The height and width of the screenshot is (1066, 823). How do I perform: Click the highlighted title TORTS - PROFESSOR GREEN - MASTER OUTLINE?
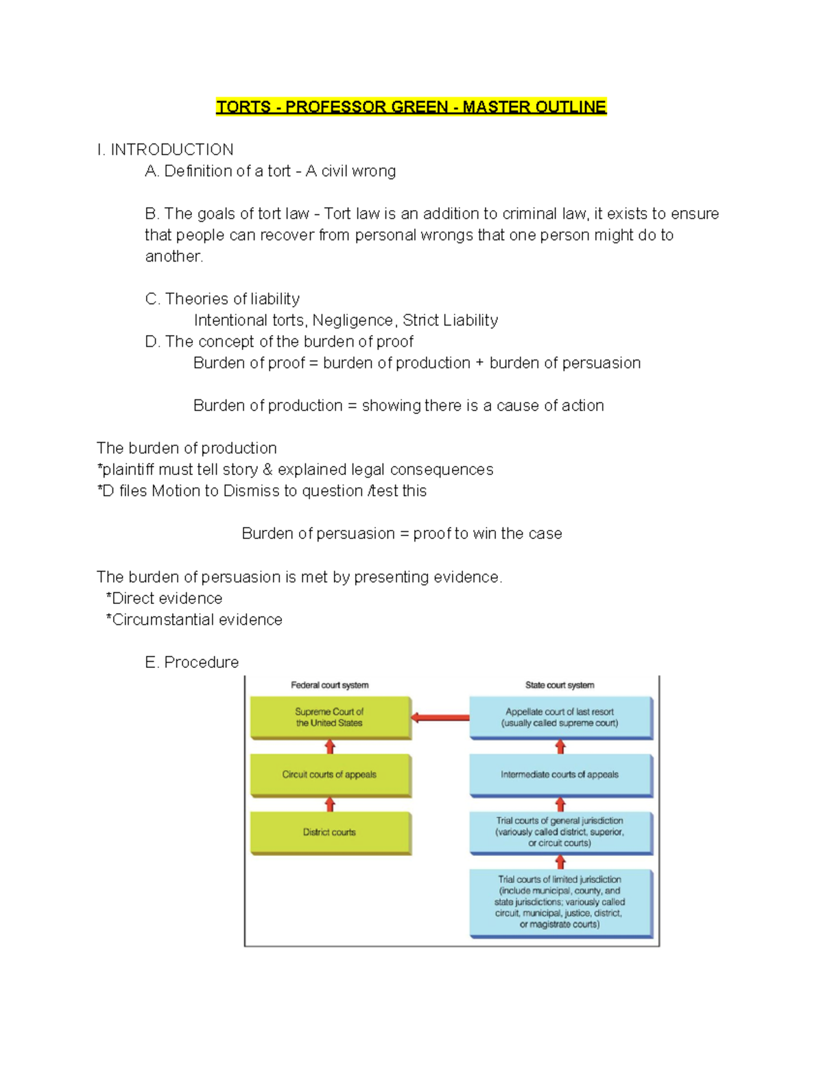point(411,107)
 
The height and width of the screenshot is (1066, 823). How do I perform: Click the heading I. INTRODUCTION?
point(165,150)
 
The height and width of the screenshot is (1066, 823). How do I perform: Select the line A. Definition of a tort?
point(270,171)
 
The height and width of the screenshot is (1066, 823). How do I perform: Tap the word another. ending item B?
point(174,256)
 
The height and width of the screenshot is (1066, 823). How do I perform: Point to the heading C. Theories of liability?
point(222,299)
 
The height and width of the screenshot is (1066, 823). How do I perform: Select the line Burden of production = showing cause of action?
point(398,406)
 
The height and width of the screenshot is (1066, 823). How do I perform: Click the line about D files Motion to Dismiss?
point(261,491)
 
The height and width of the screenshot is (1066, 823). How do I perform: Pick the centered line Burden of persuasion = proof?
point(401,533)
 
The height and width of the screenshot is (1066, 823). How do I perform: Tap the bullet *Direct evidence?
point(165,598)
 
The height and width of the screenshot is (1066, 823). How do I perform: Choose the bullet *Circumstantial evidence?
point(194,619)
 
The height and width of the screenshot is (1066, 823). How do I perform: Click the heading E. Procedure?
point(192,662)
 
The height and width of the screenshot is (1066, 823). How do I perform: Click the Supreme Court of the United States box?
point(330,717)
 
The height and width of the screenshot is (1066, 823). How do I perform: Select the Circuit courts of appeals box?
point(330,774)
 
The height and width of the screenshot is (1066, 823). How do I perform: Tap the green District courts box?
point(330,832)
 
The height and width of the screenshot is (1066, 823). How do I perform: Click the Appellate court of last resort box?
point(560,717)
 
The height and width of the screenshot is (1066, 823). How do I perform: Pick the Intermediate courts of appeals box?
point(560,774)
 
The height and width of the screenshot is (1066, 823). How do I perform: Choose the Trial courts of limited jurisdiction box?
point(560,902)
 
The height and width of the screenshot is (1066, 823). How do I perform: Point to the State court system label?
point(560,685)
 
